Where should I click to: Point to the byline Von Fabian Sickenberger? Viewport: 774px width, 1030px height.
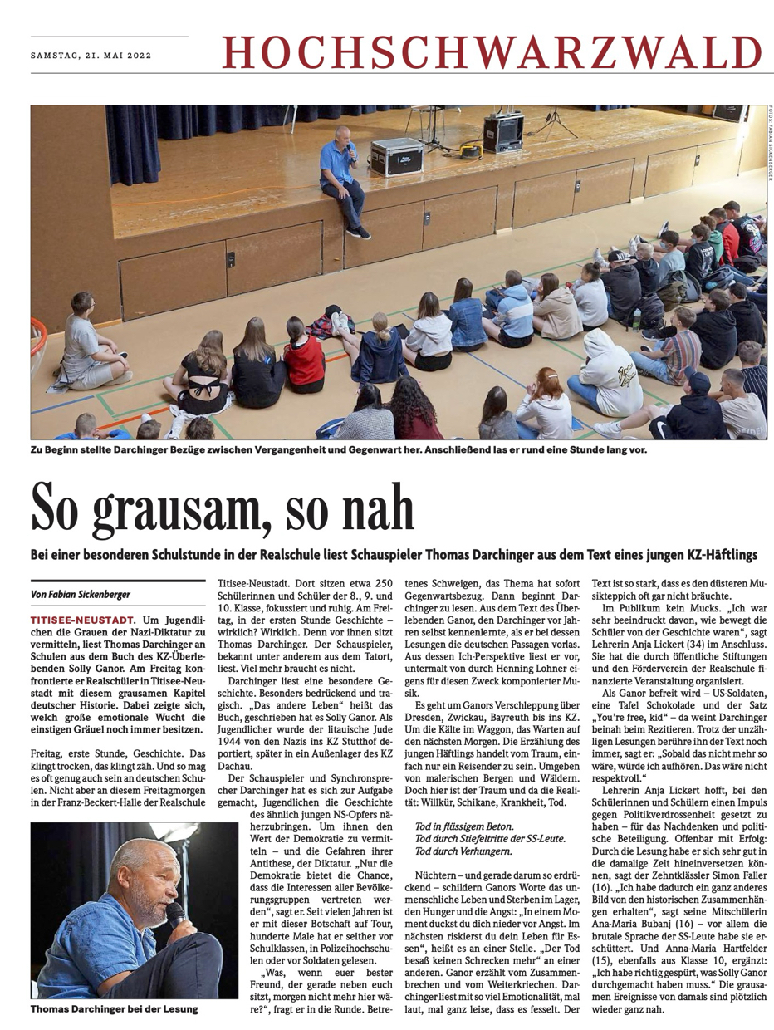point(81,594)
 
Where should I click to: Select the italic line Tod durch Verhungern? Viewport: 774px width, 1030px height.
point(466,851)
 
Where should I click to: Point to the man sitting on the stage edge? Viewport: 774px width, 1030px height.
point(343,179)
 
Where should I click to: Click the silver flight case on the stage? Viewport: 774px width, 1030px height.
point(397,156)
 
